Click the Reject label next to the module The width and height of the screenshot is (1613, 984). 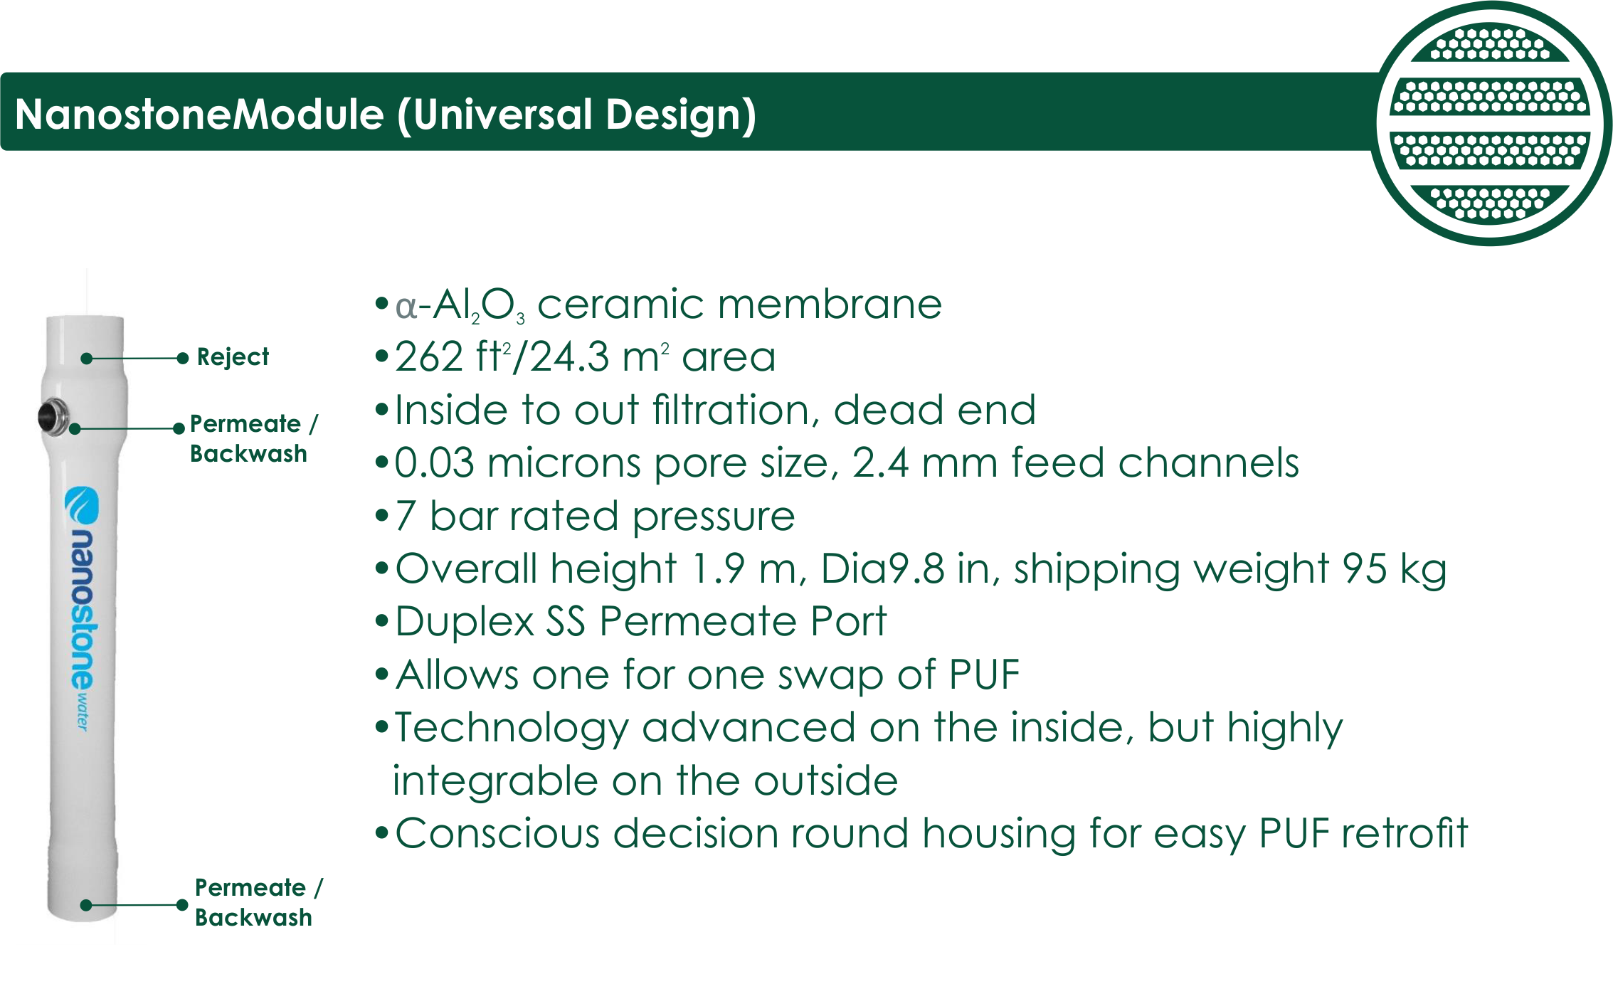click(x=233, y=356)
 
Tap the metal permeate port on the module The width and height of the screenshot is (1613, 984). click(x=53, y=417)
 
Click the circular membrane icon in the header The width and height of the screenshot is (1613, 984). click(x=1491, y=124)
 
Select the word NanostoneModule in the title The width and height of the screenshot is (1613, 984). click(x=199, y=115)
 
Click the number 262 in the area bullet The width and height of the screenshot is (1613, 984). click(x=429, y=356)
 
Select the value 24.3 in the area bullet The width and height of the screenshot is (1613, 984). click(x=570, y=356)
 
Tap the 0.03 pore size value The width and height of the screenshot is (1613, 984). click(x=434, y=463)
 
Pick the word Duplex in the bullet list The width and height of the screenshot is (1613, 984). click(x=464, y=623)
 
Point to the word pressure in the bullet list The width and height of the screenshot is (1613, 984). click(x=713, y=517)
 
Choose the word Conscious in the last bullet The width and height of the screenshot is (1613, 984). click(x=497, y=833)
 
